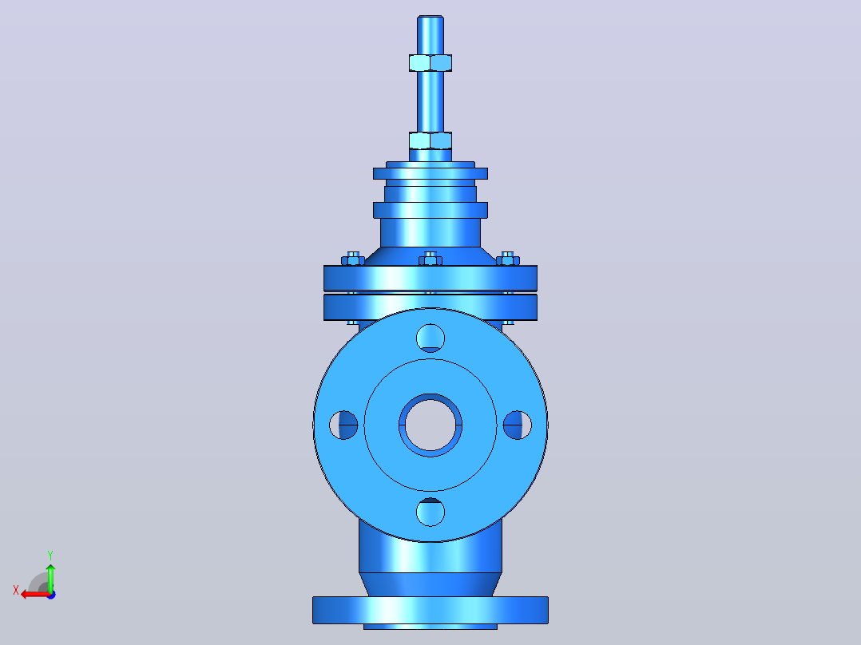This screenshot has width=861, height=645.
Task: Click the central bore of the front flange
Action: pos(430,425)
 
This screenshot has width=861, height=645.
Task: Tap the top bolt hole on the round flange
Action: pos(430,338)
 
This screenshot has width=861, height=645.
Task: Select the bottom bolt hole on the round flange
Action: pos(430,512)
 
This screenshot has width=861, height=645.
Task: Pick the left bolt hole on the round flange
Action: pos(343,425)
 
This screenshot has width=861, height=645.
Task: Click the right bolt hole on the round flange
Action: pos(518,425)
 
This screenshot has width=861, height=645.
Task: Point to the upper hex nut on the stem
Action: pos(430,62)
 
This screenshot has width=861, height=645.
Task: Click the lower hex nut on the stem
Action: pos(430,140)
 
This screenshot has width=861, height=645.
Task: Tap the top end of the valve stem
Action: pos(430,17)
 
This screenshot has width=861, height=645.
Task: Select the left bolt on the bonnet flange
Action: pos(353,259)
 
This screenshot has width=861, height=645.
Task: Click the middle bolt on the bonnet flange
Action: pos(430,259)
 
